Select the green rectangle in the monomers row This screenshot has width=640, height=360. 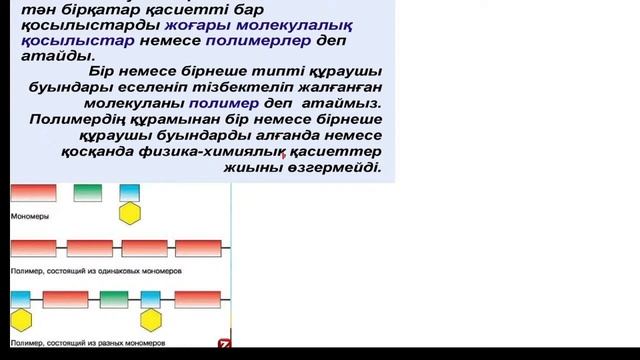[x=89, y=192]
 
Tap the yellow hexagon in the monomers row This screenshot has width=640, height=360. [x=129, y=212]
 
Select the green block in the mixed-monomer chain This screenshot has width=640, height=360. [x=113, y=299]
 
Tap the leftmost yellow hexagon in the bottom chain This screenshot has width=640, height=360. [x=22, y=319]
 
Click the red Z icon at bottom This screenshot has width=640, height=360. [x=224, y=343]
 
